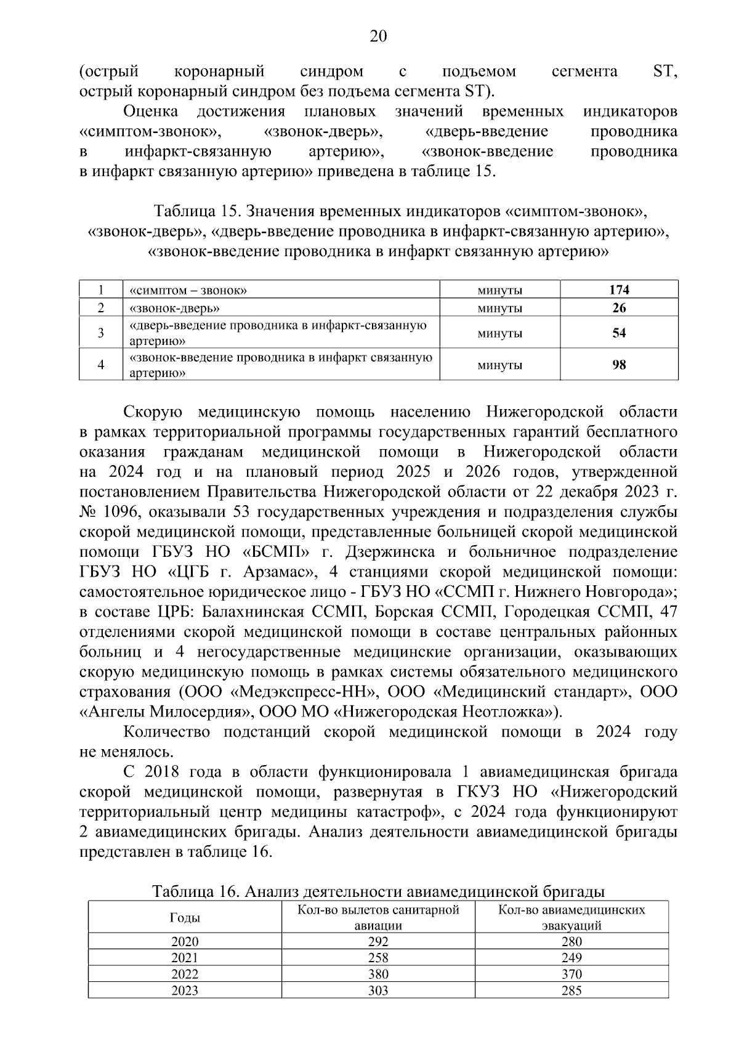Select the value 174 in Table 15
coord(619,290)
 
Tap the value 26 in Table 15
coord(619,308)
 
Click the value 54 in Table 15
coord(619,333)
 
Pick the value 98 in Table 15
coord(619,365)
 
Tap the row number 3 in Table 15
coord(101,333)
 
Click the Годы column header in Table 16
coord(185,917)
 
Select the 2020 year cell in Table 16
coord(185,941)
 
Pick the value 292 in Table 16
coord(378,941)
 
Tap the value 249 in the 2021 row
coord(571,958)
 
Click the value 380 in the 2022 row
coord(378,974)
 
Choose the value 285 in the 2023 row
coord(571,991)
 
